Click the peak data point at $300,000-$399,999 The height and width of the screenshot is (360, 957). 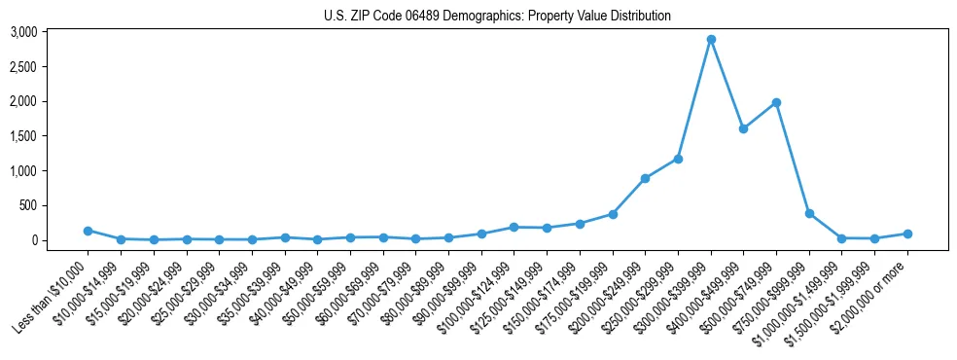pos(711,40)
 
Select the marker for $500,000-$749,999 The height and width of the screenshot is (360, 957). pos(776,102)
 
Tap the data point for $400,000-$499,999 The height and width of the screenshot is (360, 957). pos(743,128)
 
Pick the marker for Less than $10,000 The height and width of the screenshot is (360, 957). pos(88,231)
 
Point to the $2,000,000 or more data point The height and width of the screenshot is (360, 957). pos(907,234)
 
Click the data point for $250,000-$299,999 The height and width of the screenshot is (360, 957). pos(678,159)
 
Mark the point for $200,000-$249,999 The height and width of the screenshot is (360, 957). pos(645,178)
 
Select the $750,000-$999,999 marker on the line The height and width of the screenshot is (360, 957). pos(809,213)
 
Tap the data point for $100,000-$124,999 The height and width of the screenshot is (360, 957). pos(514,227)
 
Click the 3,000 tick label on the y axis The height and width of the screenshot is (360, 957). pos(24,32)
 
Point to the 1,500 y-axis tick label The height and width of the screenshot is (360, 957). pos(24,136)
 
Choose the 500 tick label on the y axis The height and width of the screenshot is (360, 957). pos(28,205)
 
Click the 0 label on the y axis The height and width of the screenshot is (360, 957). pos(34,240)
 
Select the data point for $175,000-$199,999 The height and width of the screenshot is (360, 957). pos(613,214)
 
